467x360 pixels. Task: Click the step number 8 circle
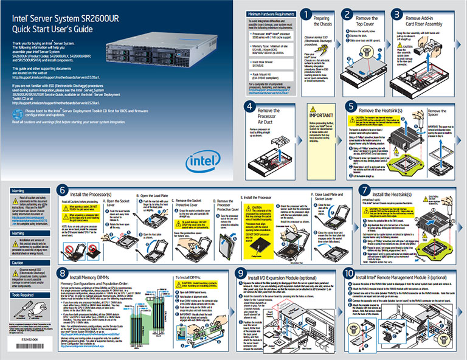(x=63, y=275)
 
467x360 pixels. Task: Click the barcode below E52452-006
(x=22, y=347)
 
